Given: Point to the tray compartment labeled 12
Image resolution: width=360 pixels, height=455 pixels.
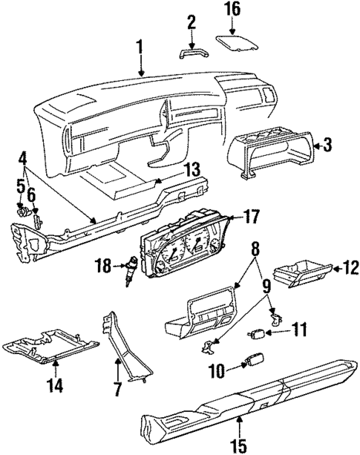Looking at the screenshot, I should click(304, 274).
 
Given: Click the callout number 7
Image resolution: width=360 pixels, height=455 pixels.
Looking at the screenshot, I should click(116, 387).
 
